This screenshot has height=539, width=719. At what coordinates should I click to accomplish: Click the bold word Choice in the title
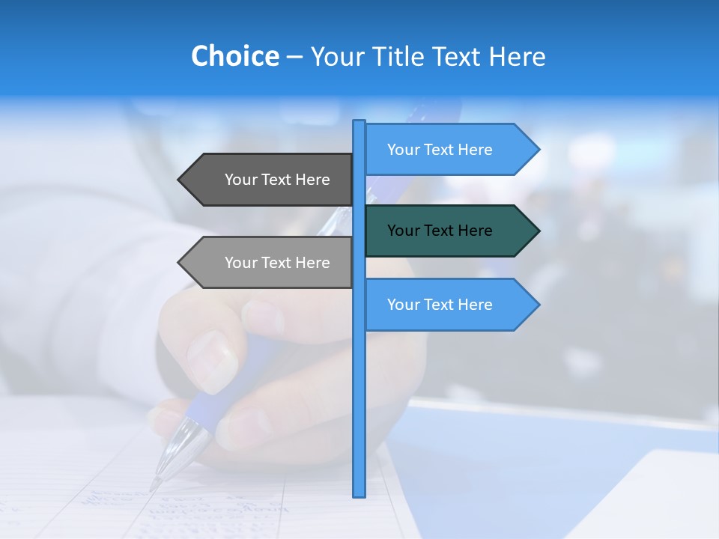pos(234,56)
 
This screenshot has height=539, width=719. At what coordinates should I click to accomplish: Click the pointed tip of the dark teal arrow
pos(538,231)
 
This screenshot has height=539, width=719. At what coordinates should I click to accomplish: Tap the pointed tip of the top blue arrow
pos(538,150)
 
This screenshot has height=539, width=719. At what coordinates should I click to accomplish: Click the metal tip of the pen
pos(157,482)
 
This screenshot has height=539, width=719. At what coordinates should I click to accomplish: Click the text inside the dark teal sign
pos(440,231)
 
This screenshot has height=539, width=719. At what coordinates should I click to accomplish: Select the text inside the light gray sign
pos(277,263)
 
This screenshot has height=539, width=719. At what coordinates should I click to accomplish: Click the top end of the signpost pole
pos(359,122)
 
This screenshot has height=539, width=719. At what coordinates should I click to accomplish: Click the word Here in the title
pos(517,56)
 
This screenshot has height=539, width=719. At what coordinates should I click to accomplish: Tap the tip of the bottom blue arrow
pos(538,305)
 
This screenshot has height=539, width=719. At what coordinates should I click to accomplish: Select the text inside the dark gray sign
pos(277,180)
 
